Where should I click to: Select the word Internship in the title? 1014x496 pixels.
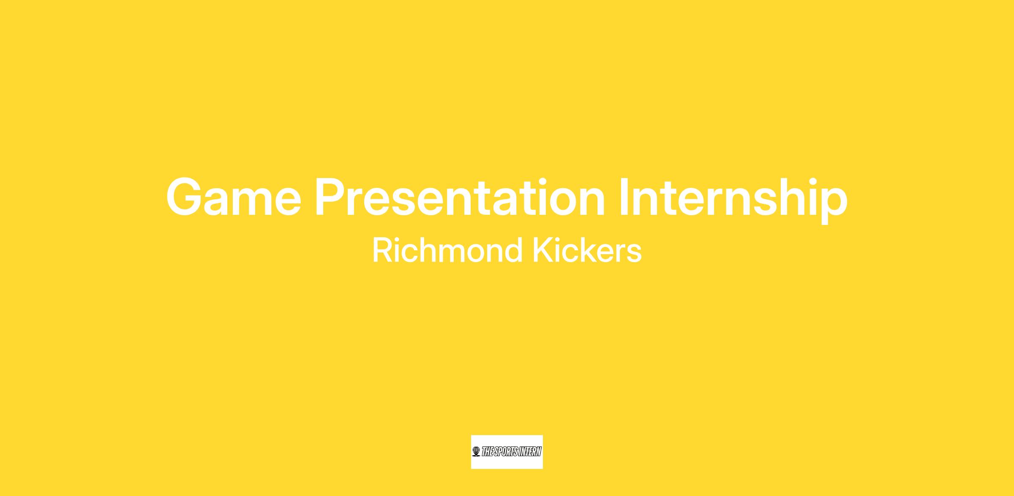(x=733, y=199)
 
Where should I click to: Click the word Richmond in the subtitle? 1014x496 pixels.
(x=448, y=250)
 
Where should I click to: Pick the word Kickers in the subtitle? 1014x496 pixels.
(x=587, y=250)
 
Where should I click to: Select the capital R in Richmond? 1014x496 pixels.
(x=382, y=250)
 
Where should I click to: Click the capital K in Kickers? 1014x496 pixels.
(x=542, y=250)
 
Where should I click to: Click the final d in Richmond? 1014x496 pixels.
(x=513, y=250)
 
